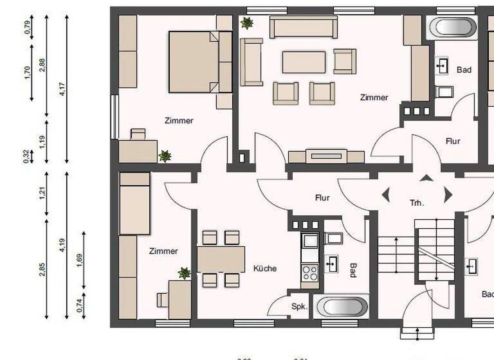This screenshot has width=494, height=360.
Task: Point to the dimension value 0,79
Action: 27,28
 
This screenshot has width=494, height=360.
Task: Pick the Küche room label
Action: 265,268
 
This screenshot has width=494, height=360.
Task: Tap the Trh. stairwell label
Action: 417,203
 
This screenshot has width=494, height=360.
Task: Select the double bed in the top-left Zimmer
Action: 200,62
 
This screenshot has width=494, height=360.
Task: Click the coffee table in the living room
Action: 304,62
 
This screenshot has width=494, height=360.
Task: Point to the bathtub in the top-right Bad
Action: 453,28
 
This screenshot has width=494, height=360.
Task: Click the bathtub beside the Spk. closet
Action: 341,306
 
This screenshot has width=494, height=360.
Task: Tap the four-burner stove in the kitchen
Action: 310,272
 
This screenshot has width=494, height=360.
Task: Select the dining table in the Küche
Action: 221,259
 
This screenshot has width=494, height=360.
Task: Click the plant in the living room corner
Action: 247,23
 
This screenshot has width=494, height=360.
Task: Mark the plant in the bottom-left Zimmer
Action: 185,273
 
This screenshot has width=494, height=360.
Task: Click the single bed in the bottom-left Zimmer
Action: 134,203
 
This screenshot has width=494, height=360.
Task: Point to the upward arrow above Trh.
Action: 426,177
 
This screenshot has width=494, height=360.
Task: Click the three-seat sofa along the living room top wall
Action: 304,27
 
